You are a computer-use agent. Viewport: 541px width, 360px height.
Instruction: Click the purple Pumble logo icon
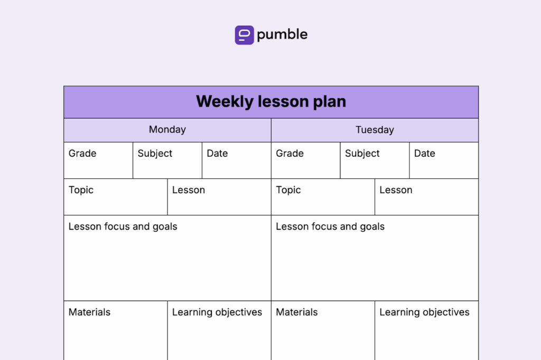click(244, 35)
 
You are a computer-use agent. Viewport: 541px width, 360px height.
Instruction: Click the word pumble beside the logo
click(282, 35)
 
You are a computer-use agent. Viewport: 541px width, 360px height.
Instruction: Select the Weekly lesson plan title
click(271, 101)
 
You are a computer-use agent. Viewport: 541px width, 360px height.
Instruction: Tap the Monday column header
click(167, 130)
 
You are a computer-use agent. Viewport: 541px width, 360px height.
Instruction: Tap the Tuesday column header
click(375, 130)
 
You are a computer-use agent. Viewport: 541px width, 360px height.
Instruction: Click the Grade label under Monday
click(82, 154)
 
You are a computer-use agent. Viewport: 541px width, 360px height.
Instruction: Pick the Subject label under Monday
click(155, 154)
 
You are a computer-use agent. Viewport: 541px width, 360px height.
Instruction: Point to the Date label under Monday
click(217, 154)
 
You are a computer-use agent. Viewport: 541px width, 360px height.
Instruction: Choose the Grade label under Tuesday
click(290, 154)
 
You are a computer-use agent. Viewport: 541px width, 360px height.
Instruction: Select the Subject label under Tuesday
click(362, 154)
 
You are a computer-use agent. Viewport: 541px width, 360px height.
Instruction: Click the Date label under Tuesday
click(424, 154)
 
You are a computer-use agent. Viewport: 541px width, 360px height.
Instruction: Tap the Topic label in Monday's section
click(81, 190)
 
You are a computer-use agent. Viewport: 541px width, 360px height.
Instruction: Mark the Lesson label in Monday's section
click(188, 190)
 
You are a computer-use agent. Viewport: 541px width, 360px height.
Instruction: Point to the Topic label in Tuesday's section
click(288, 190)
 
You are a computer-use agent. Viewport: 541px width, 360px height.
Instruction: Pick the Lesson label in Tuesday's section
click(396, 190)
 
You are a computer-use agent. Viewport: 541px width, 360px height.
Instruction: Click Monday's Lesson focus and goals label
click(123, 227)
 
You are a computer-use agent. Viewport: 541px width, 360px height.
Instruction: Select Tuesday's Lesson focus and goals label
click(330, 227)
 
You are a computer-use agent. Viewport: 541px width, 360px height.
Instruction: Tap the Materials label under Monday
click(89, 312)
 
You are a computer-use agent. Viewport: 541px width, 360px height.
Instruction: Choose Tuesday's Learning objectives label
click(424, 312)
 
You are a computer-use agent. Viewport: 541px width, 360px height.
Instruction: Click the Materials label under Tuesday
click(297, 312)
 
